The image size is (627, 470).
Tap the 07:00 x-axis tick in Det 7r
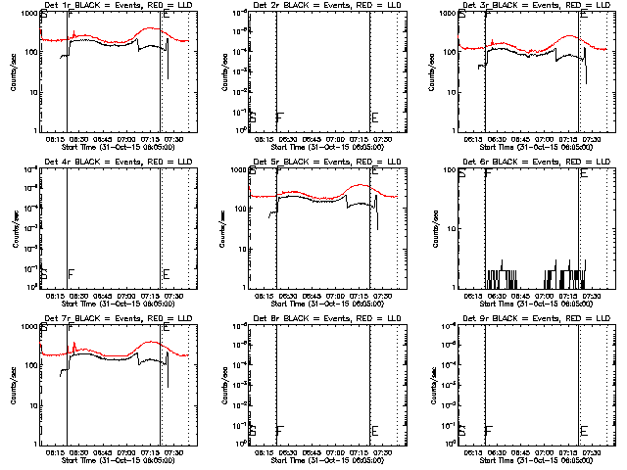126,451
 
